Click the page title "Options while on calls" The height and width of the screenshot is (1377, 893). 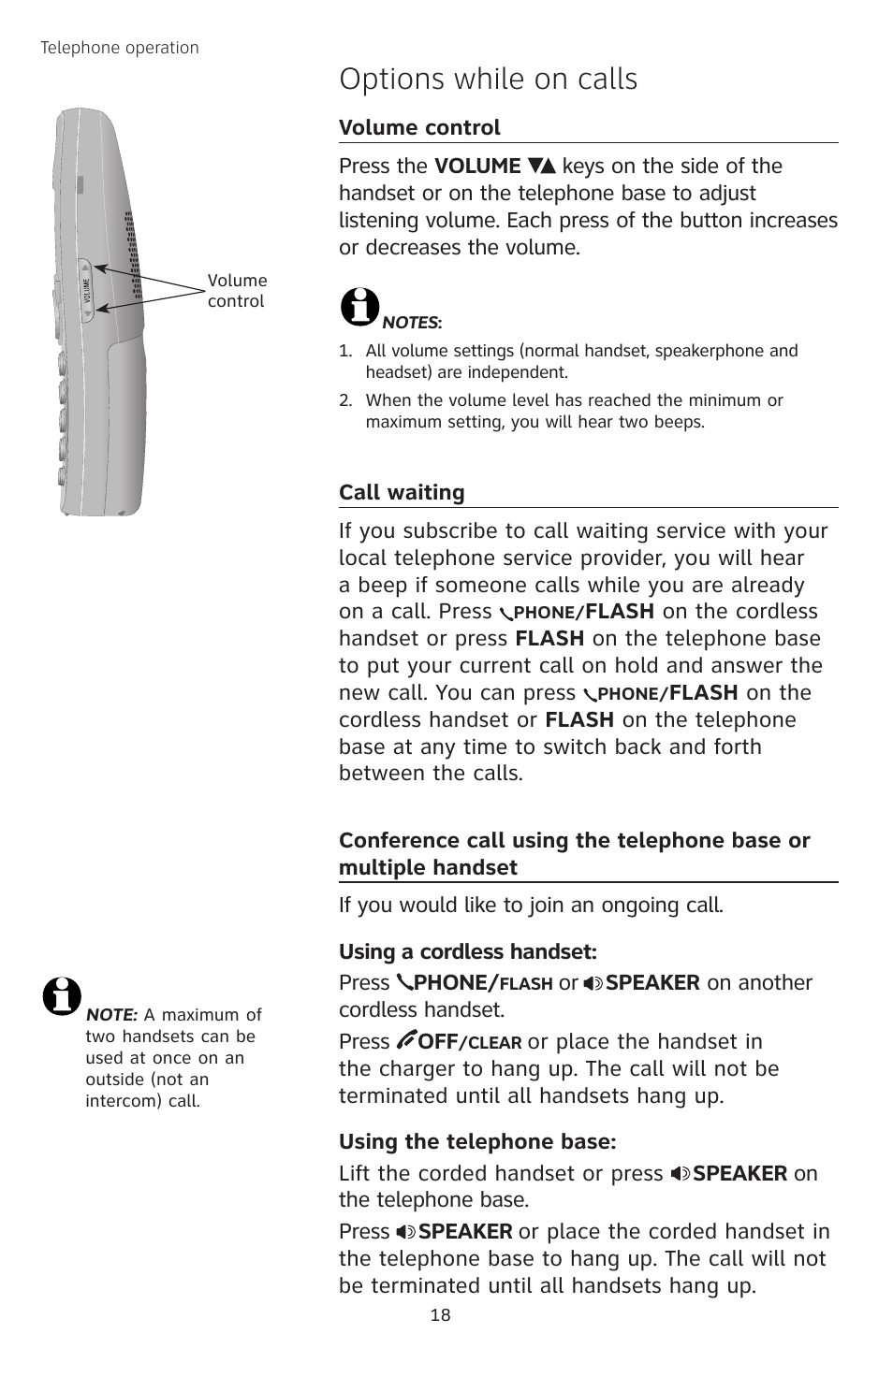pos(488,80)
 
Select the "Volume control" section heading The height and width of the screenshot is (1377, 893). pos(419,127)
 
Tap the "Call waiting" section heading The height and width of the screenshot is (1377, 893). pos(402,493)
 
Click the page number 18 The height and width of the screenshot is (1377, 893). pos(440,1315)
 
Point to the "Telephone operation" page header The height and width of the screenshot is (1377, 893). pos(120,48)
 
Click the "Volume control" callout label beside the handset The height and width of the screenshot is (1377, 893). pos(237,291)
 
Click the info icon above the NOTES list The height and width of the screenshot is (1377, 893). pos(359,306)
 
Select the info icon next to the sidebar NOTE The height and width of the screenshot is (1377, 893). pos(62,997)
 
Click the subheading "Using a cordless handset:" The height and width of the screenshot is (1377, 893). pos(467,952)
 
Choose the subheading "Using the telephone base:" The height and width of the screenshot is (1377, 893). pos(477,1142)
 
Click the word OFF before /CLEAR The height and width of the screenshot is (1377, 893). pos(437,1042)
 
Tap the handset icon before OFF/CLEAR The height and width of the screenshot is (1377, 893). pos(406,1040)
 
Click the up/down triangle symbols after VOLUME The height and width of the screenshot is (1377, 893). pos(542,167)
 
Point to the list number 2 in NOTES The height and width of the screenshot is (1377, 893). pos(344,400)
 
